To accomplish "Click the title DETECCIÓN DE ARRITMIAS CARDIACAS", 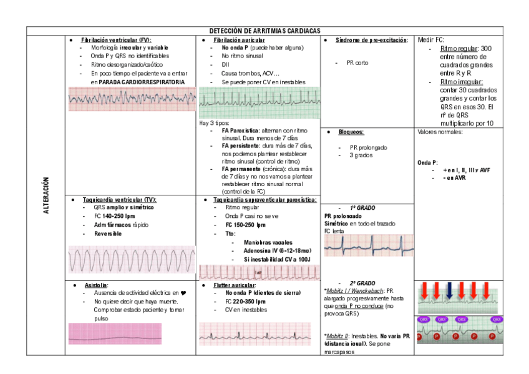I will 264,31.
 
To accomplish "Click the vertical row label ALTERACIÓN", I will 46,196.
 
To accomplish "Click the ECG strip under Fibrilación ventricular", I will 131,99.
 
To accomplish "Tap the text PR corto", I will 357,62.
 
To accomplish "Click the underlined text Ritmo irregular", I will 461,82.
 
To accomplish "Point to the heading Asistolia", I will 96,285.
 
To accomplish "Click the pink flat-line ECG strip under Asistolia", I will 115,333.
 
